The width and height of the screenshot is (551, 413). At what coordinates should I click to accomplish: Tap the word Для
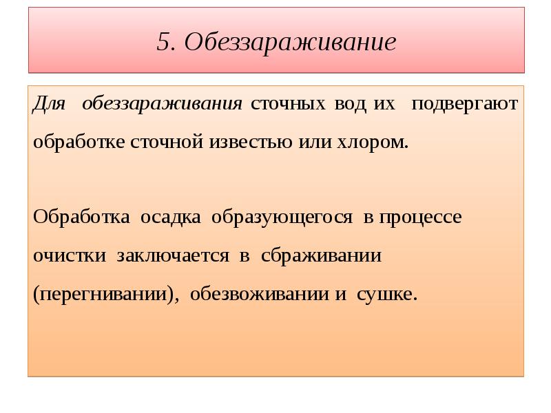pos(48,104)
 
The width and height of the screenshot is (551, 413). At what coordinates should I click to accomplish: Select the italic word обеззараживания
pos(162,104)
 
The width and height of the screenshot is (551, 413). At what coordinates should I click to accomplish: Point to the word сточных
pos(288,104)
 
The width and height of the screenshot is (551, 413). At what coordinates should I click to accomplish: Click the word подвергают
pos(465,104)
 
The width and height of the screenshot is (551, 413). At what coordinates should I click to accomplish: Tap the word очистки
pos(70,256)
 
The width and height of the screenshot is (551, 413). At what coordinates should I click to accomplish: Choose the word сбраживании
pos(321,256)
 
